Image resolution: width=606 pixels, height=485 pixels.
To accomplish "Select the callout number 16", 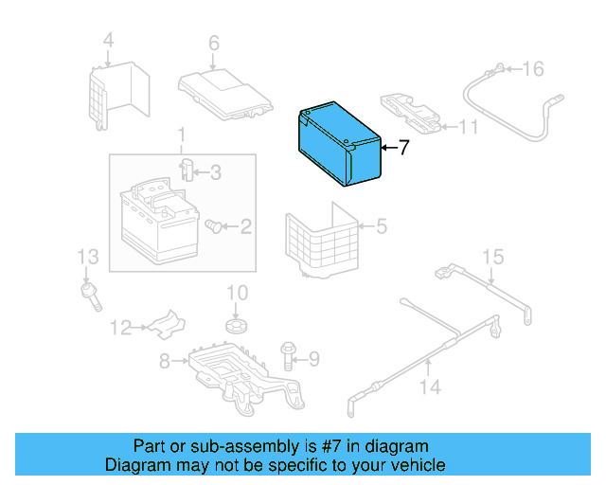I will [x=534, y=69].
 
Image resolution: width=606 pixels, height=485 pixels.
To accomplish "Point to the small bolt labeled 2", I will [x=217, y=226].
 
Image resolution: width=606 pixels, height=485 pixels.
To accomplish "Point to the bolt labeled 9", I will [x=288, y=356].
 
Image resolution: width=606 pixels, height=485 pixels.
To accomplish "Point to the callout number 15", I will [x=491, y=258].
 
